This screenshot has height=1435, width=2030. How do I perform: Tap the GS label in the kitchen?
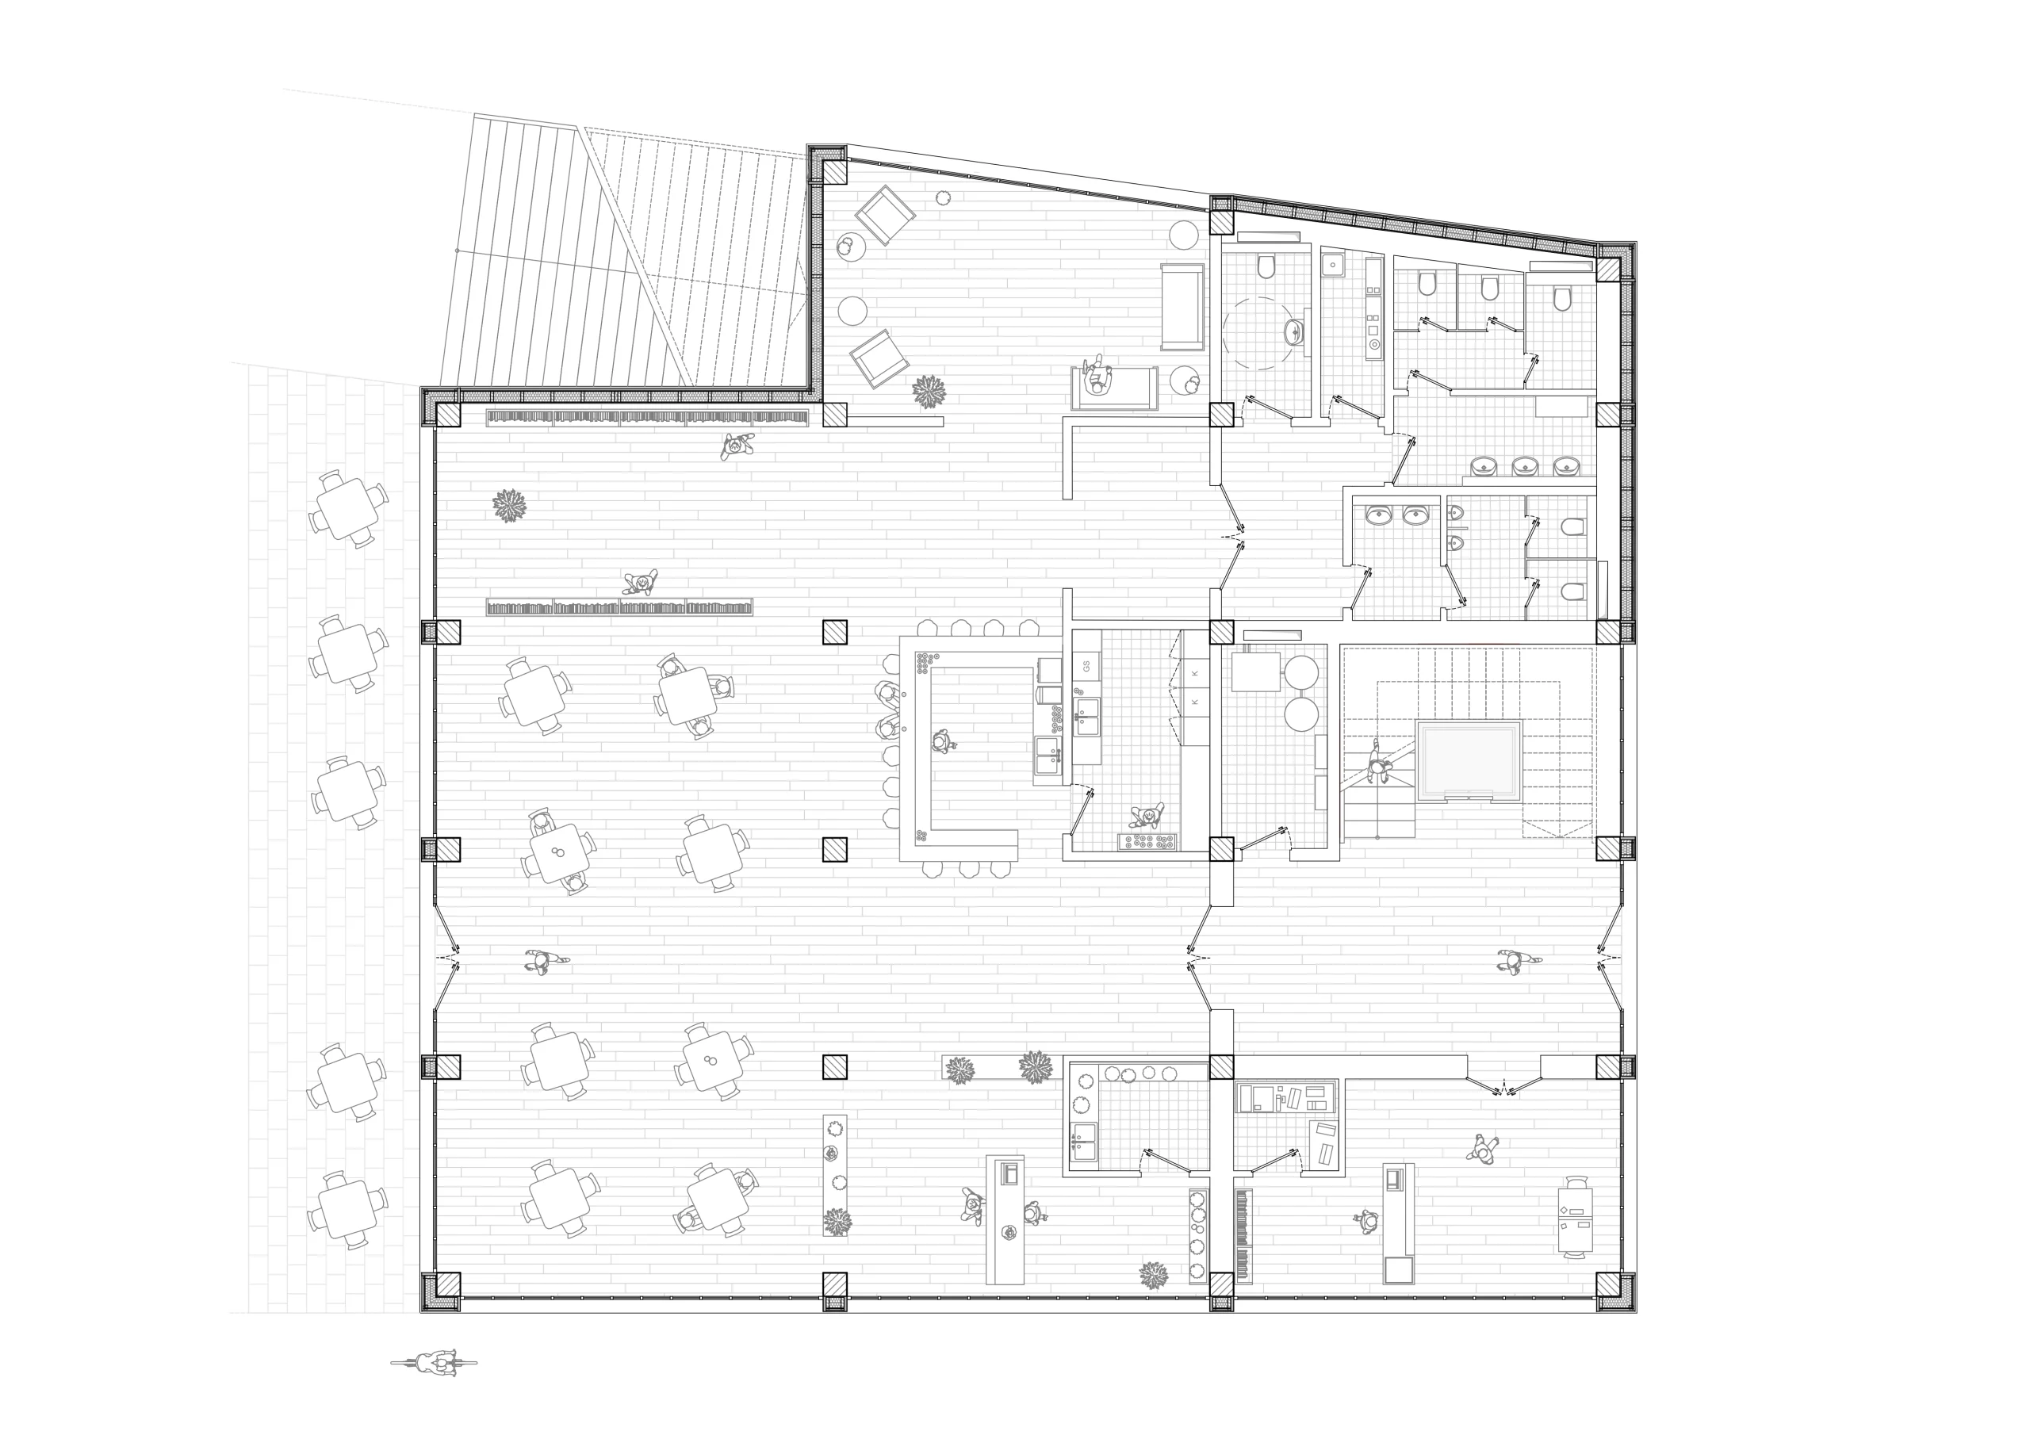point(1086,665)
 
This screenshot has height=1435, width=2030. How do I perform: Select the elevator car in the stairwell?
point(1469,760)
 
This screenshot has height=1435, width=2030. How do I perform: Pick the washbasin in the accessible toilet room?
point(1294,331)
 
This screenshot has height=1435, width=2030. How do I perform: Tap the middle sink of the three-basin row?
point(1525,465)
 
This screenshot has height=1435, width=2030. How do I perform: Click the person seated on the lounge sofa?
point(1098,378)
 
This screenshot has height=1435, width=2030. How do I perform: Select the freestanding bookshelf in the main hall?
point(619,607)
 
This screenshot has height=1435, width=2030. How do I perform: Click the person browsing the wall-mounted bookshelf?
point(736,446)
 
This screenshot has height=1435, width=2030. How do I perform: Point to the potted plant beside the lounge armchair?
point(929,391)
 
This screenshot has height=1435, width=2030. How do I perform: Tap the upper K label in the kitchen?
point(1195,674)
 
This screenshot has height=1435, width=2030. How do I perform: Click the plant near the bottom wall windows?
point(1153,1275)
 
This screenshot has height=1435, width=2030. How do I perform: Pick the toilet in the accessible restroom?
point(1266,266)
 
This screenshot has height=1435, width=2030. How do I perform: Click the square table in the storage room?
point(1255,671)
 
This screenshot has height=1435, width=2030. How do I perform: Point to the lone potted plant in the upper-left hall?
point(508,506)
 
